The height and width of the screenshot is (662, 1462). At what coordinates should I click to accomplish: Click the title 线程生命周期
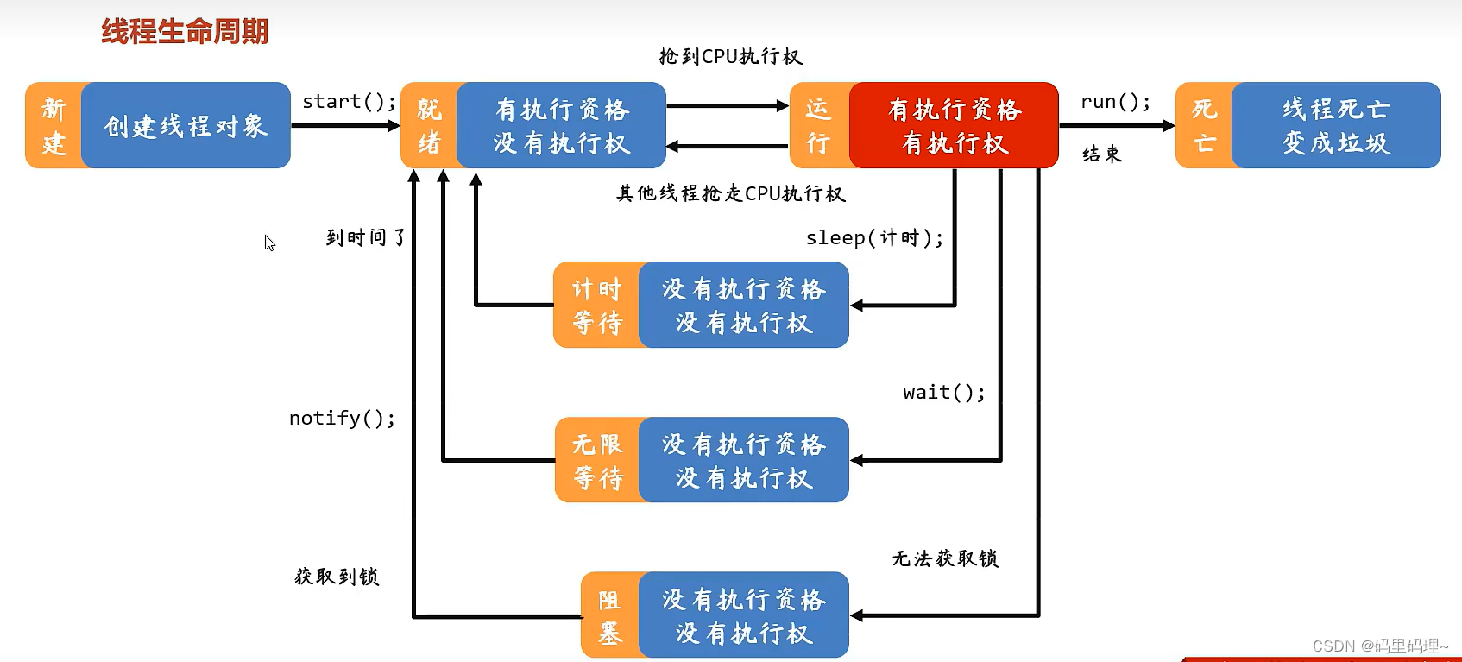tap(185, 32)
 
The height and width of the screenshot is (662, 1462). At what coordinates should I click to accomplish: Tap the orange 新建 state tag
tap(54, 126)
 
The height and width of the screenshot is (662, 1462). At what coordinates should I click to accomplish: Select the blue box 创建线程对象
tap(186, 126)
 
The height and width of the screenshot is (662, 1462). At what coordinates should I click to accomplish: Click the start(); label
tap(349, 102)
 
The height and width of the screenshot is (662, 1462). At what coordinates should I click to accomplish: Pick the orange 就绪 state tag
tap(429, 126)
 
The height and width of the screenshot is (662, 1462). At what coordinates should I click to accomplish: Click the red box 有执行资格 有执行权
tap(954, 126)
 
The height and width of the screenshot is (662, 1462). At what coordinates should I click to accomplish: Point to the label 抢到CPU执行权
tap(730, 57)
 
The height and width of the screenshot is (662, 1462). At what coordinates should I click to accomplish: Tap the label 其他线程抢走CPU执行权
tap(730, 193)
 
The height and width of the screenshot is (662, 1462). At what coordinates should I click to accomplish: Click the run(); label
tap(1115, 102)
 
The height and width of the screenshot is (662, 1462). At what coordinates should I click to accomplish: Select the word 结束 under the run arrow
tap(1102, 154)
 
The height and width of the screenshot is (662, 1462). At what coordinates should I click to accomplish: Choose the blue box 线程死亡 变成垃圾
tap(1335, 126)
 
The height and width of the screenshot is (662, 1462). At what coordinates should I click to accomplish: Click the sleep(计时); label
tap(874, 238)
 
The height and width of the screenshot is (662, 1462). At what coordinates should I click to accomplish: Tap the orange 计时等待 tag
tap(596, 306)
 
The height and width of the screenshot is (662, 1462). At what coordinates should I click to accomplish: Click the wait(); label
tap(943, 393)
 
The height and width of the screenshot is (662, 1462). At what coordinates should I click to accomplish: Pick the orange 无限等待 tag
tap(597, 460)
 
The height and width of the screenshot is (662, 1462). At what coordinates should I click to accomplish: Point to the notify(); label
tap(342, 419)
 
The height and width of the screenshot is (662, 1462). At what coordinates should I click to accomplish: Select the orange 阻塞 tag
tap(609, 615)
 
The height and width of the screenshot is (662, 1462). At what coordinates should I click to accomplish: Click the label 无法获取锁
tap(945, 559)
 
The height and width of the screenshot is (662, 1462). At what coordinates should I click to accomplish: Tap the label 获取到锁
tap(337, 577)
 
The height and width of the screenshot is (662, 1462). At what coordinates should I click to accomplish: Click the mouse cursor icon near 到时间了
tap(269, 243)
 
